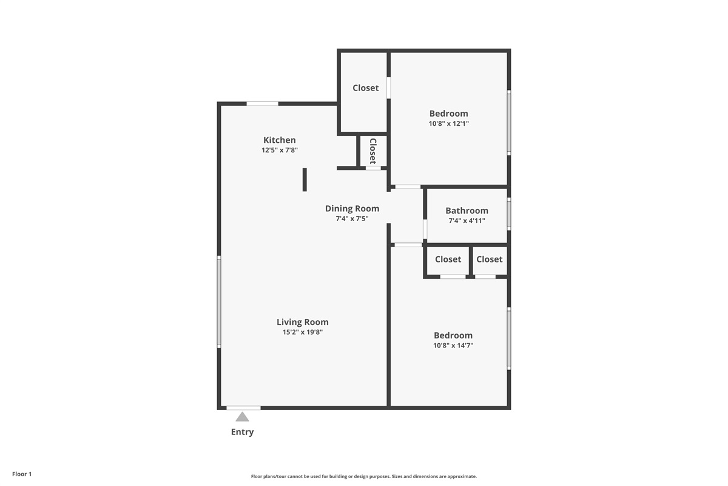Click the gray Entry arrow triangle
(x=242, y=417)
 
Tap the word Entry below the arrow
(x=242, y=432)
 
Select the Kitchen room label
(x=280, y=140)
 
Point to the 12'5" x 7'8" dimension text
(x=280, y=150)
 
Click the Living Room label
(x=303, y=322)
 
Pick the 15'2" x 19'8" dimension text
(x=303, y=332)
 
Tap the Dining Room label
(x=352, y=208)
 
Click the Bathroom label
(x=467, y=211)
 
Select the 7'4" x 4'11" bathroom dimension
(x=467, y=221)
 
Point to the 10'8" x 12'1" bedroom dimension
(x=449, y=123)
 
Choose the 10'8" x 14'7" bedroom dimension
(x=453, y=346)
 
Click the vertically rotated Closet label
(x=372, y=151)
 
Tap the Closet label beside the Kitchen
(x=366, y=88)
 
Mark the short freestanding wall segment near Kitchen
(x=305, y=180)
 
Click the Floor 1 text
(x=22, y=474)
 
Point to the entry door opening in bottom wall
(x=243, y=408)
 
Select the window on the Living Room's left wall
(x=219, y=302)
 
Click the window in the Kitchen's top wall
(x=262, y=104)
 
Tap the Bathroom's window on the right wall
(x=509, y=214)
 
